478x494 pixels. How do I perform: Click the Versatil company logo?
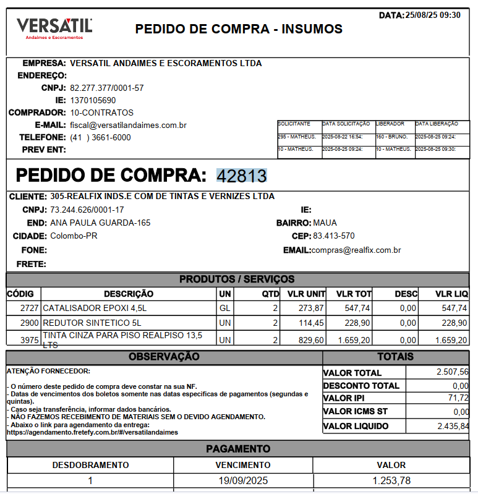pos(54,28)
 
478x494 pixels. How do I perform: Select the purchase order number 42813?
pos(241,176)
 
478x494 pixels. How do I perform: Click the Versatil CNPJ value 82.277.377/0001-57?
pos(107,88)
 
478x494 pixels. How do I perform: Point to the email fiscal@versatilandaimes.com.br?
pos(128,125)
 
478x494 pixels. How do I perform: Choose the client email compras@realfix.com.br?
pos(356,250)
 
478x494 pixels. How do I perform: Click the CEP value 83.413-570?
pos(334,236)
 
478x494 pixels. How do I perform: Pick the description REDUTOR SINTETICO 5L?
pos(92,323)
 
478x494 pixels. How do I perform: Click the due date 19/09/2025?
pos(242,480)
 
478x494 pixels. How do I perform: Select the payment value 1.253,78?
pos(391,480)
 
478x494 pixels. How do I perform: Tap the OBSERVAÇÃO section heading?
pos(164,357)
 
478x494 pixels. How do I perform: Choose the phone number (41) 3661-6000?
pos(100,137)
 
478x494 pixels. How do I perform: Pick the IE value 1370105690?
pos(93,100)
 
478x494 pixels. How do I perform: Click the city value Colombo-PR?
pos(74,236)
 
